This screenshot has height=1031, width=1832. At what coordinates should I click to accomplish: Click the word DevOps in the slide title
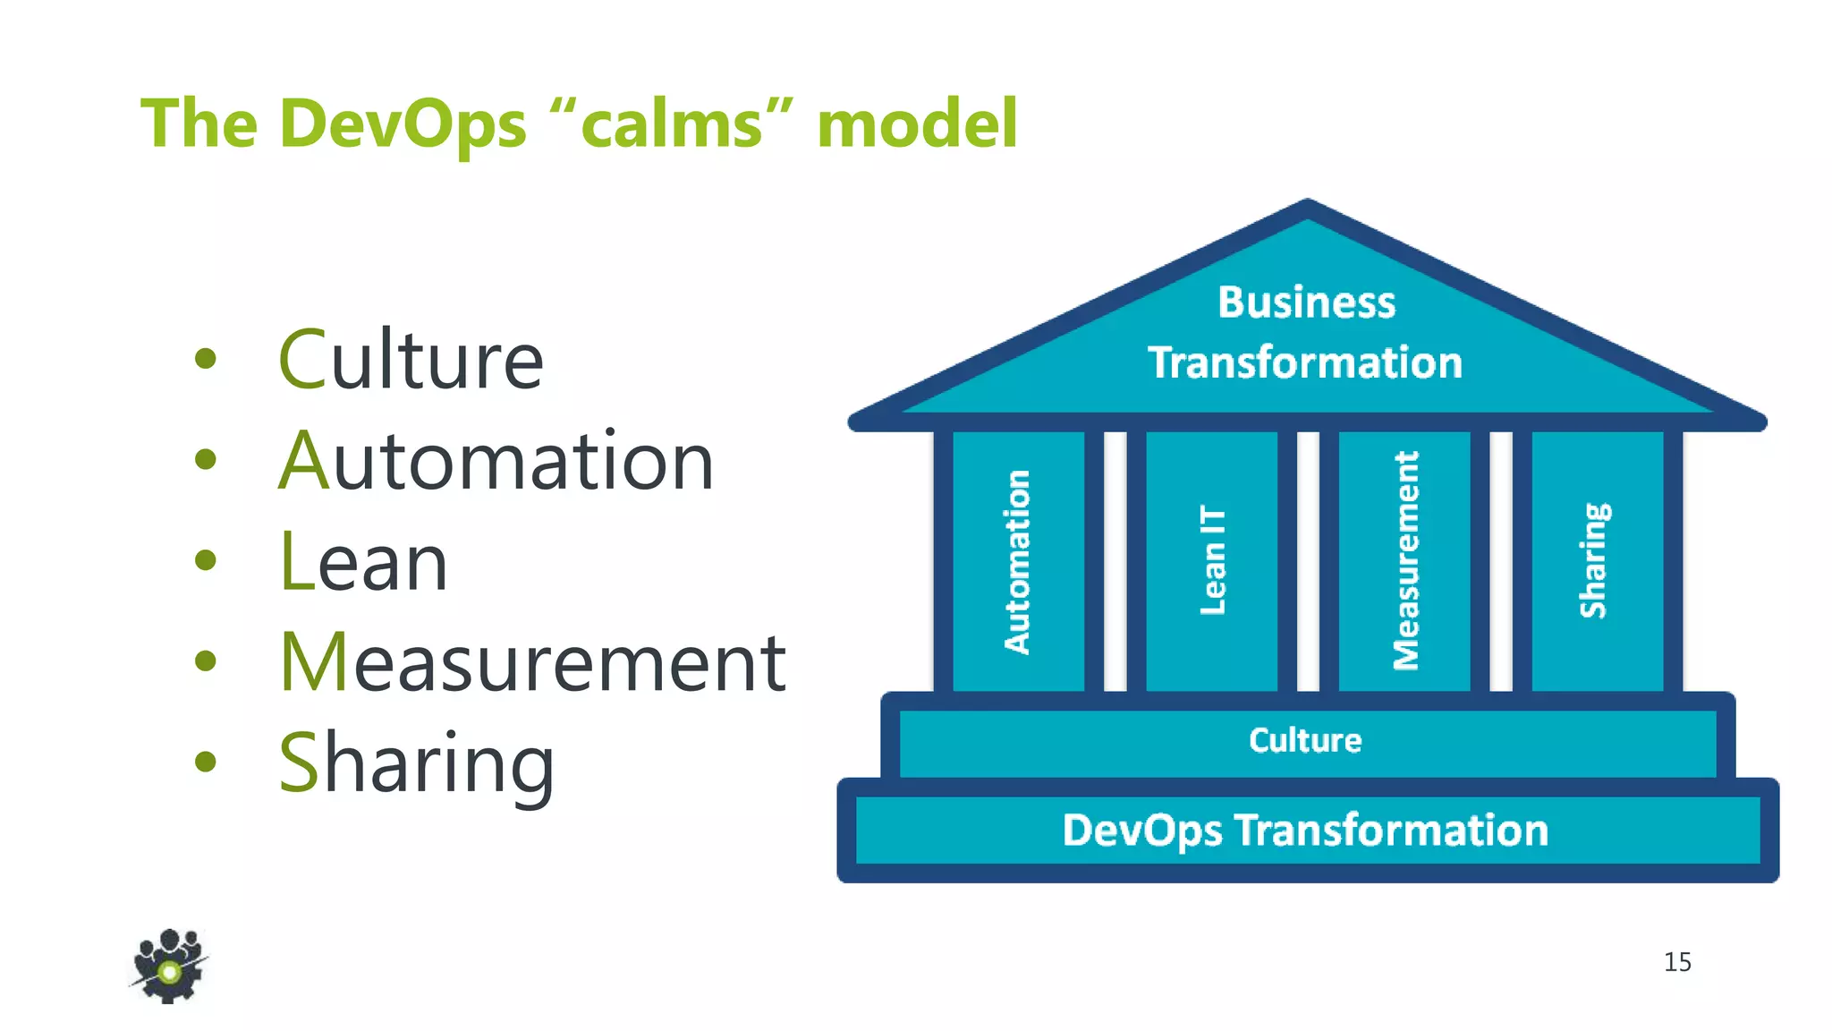click(x=403, y=124)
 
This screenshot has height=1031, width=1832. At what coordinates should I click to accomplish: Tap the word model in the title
click(x=917, y=124)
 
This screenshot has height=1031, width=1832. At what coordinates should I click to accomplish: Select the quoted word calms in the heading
click(x=672, y=124)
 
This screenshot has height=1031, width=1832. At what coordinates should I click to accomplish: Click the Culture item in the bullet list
click(x=411, y=360)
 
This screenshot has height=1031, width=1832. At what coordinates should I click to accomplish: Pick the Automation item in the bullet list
click(x=496, y=461)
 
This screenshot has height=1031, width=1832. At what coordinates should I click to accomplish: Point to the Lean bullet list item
click(x=363, y=562)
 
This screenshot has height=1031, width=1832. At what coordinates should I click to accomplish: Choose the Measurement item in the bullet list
click(x=532, y=662)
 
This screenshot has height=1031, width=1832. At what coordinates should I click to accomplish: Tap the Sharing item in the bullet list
click(x=416, y=763)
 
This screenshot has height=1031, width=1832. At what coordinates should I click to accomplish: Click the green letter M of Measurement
click(x=312, y=662)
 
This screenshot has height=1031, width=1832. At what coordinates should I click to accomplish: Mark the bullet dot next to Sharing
click(x=206, y=762)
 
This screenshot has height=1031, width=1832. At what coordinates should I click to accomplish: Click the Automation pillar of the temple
click(x=1018, y=561)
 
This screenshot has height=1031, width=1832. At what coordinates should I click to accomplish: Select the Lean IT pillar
click(x=1212, y=561)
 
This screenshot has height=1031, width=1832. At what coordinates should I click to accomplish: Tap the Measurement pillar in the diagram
click(x=1405, y=561)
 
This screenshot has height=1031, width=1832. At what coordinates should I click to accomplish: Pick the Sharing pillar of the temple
click(x=1597, y=561)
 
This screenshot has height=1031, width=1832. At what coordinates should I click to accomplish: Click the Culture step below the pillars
click(x=1306, y=741)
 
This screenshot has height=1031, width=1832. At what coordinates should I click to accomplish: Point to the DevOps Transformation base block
click(x=1306, y=831)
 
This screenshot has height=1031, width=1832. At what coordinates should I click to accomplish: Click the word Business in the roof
click(x=1306, y=302)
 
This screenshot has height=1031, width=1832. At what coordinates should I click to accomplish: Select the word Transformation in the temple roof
click(x=1306, y=362)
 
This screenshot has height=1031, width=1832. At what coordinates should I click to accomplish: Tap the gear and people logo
click(x=169, y=966)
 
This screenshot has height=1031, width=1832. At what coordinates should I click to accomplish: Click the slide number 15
click(x=1677, y=962)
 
